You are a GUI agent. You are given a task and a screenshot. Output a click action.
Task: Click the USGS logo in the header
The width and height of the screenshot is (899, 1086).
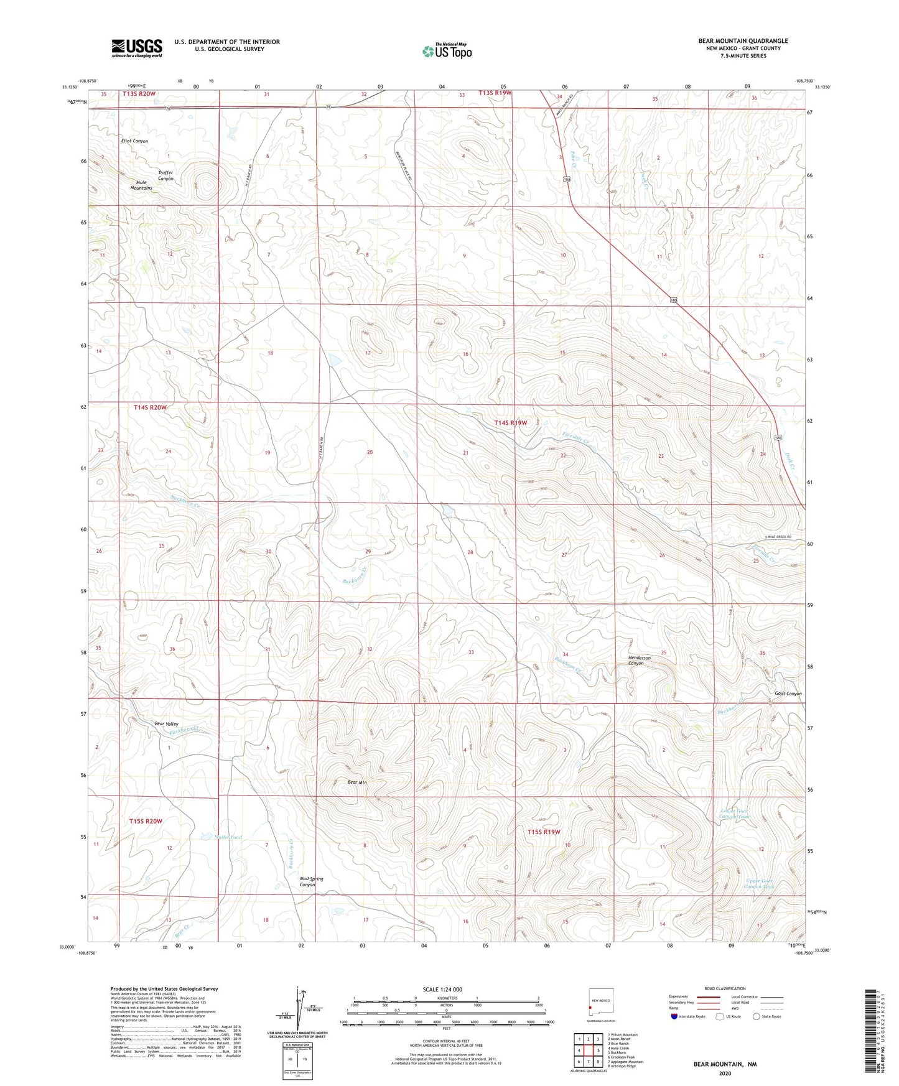click(137, 47)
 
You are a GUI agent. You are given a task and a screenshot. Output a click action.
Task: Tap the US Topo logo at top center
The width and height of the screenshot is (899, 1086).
click(446, 51)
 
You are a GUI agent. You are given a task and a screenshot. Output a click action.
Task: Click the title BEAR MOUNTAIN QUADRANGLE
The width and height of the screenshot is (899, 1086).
click(743, 41)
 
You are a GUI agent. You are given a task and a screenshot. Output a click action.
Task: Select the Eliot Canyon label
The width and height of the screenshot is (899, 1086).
click(134, 141)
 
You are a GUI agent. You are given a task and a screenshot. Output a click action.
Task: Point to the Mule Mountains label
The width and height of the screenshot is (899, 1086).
click(141, 185)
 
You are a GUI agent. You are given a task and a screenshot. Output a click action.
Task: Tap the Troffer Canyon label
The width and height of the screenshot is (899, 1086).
click(165, 175)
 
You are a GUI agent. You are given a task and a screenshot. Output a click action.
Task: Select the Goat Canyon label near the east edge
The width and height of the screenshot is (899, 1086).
click(788, 694)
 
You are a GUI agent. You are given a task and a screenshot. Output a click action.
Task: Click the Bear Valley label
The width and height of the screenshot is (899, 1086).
click(166, 723)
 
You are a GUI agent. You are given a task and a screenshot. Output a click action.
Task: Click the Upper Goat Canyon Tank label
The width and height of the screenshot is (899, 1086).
click(760, 883)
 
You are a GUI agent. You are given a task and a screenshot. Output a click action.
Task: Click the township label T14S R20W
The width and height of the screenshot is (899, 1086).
click(150, 407)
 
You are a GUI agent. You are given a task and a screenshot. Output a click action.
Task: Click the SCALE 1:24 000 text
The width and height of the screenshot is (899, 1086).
click(442, 989)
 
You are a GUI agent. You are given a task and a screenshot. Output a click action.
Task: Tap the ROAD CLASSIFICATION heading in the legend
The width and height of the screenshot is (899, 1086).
click(725, 988)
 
